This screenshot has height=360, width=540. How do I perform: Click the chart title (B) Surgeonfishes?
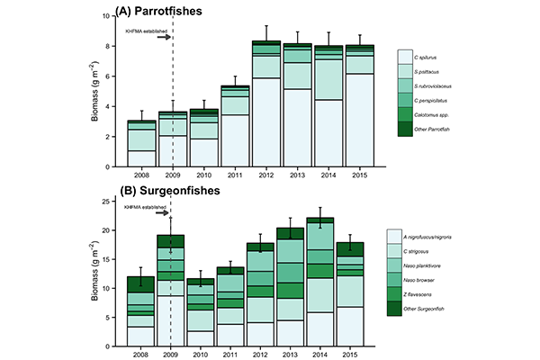click(x=171, y=190)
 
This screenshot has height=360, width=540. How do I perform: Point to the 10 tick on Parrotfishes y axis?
click(x=111, y=16)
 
